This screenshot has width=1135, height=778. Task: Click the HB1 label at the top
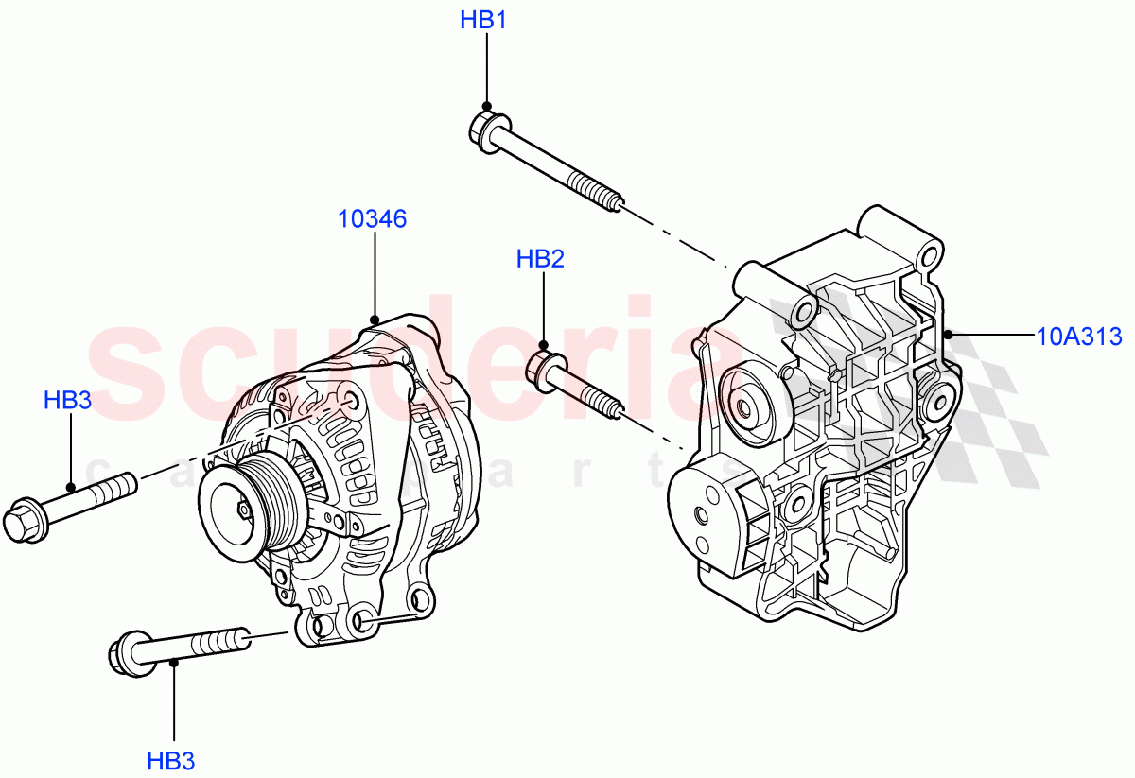pos(483,20)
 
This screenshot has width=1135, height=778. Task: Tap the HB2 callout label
pos(540,259)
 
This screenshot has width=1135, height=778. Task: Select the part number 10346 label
pos(373,219)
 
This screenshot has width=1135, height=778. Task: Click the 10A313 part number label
pos(1078,336)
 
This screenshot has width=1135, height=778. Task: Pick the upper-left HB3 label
pos(67,401)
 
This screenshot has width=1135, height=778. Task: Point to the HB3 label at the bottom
pos(171,760)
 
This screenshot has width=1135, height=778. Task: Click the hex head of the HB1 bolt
pos(486,129)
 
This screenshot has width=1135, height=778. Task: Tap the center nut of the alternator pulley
pos(243,510)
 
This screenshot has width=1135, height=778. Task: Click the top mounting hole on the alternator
pos(354,402)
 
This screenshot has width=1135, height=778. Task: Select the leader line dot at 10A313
pos(949,336)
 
